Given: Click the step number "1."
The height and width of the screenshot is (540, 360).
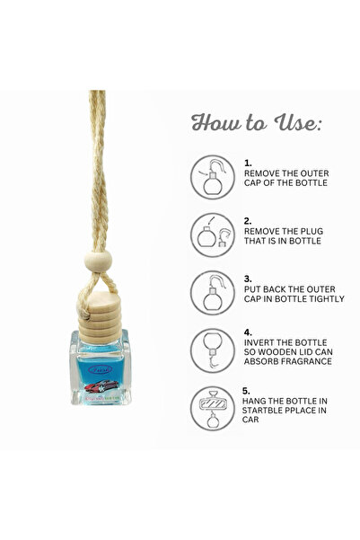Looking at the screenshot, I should coord(249,164).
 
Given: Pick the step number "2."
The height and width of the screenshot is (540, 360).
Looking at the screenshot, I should coord(249,219).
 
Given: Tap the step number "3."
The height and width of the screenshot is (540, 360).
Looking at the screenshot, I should coord(249,278).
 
